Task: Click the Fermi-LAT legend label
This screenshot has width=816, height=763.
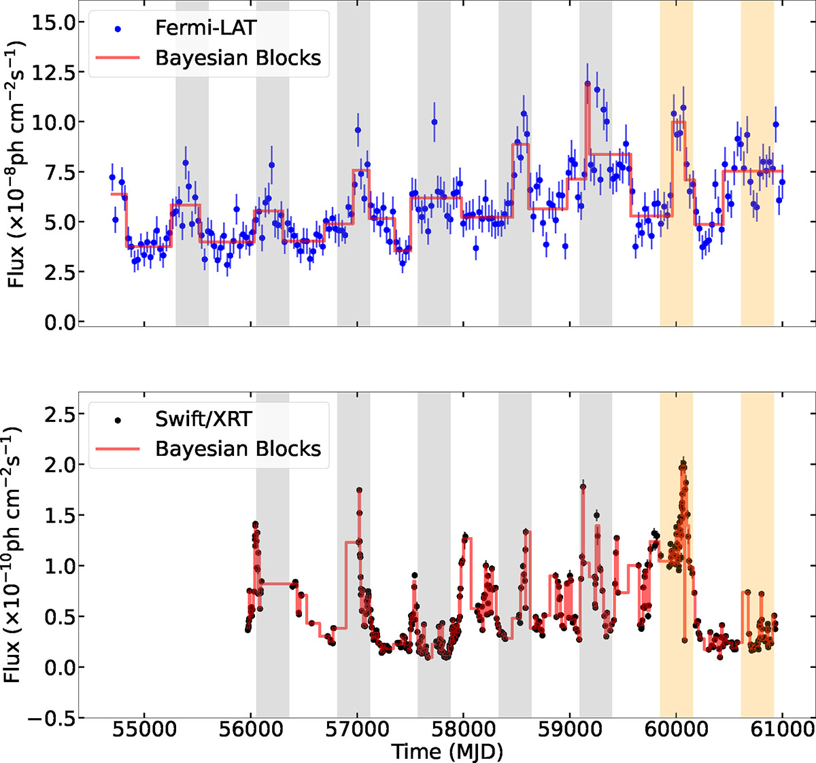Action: (206, 28)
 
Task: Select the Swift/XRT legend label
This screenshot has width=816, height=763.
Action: (204, 419)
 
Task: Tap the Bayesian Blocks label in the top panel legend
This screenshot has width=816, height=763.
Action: (238, 58)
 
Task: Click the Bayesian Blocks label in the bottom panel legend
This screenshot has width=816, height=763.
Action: (238, 449)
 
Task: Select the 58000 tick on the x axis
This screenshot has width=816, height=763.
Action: (464, 730)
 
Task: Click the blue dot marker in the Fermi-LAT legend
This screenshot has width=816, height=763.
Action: (118, 29)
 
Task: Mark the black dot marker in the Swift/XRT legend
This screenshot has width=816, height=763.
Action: (118, 421)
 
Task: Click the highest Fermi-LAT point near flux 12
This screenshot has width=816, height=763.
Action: (588, 84)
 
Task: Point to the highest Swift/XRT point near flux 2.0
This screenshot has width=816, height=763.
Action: (683, 463)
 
